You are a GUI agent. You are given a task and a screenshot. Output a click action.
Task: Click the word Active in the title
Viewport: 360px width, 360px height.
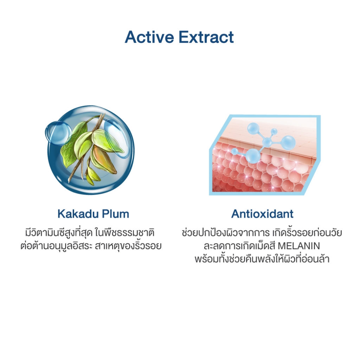[149, 37]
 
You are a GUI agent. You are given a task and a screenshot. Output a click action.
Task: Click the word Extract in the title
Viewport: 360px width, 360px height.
[206, 37]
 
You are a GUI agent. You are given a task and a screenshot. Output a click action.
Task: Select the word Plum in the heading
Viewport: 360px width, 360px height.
[115, 214]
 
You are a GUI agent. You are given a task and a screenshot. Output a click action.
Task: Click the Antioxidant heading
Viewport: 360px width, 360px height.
[262, 214]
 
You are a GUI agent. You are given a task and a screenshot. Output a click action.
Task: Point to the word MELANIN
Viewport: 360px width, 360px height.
[299, 246]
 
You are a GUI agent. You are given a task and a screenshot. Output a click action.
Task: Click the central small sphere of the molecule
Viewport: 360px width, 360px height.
[267, 142]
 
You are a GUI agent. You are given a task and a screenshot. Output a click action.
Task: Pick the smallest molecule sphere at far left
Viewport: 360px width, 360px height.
[234, 152]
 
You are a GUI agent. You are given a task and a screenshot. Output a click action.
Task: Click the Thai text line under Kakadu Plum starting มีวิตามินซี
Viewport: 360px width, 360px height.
[90, 233]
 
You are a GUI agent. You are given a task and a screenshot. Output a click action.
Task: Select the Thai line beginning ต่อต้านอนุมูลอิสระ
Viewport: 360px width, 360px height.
[91, 246]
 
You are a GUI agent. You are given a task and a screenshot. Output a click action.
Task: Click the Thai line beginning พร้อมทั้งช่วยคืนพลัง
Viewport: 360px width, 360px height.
[262, 259]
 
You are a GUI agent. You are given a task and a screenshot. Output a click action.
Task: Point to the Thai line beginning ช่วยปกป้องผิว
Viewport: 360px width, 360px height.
[262, 233]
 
